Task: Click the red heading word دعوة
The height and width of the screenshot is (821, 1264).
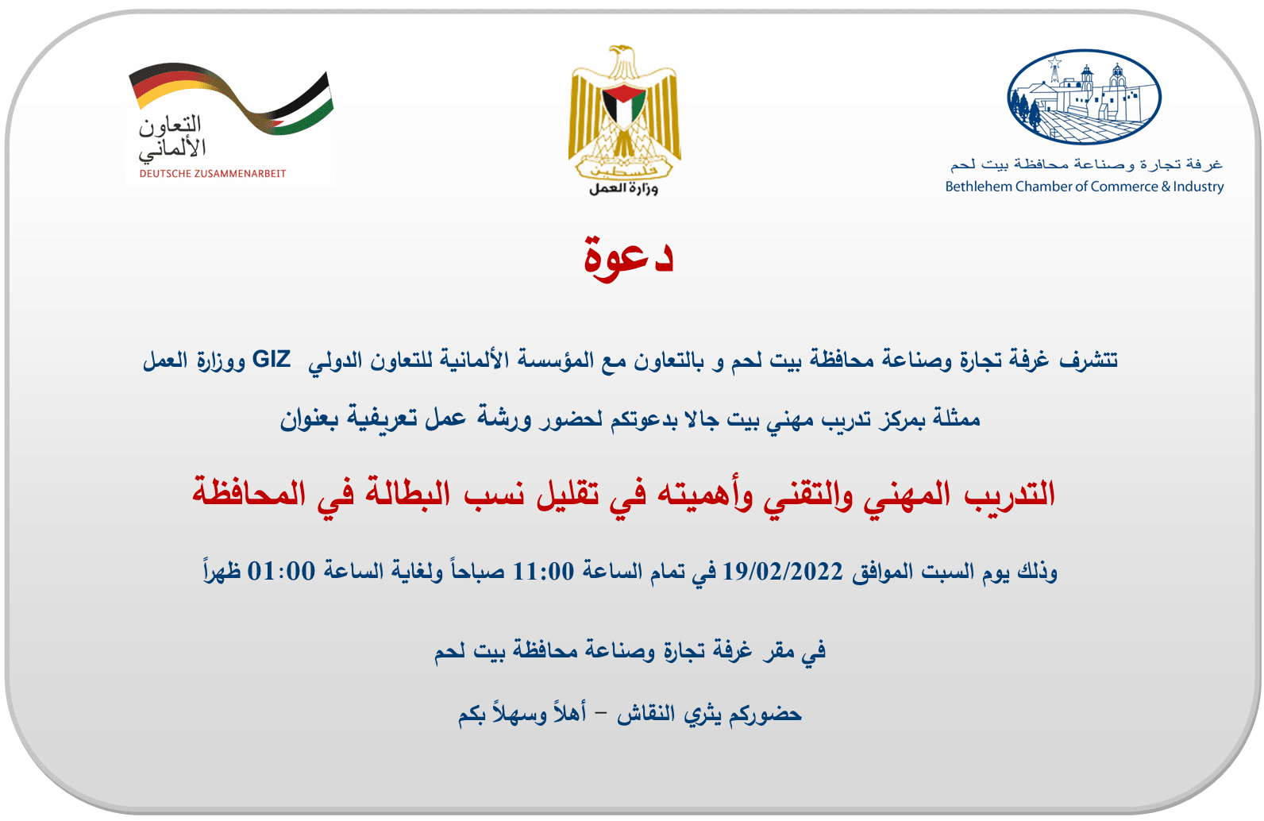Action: coord(629,259)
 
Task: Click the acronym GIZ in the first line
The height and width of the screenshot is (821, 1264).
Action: coord(272,359)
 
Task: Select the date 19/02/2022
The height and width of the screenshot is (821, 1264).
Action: coord(783,572)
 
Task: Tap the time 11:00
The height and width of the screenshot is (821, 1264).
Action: coord(543,572)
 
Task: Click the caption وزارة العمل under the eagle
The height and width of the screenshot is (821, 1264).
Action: coord(623,188)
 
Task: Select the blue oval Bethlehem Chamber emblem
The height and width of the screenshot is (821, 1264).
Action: coord(1084,97)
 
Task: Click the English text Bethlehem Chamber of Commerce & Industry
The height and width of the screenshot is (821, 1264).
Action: coord(1085,187)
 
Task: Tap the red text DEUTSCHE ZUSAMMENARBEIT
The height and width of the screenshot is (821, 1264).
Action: coord(213,174)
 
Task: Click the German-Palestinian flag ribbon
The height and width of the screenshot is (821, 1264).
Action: coord(231,98)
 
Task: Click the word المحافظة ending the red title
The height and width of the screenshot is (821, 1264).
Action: coord(249,492)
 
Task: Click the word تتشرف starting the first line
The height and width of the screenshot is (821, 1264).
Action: coord(1089,360)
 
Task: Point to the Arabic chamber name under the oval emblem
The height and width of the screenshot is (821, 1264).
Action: coord(1086,164)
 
